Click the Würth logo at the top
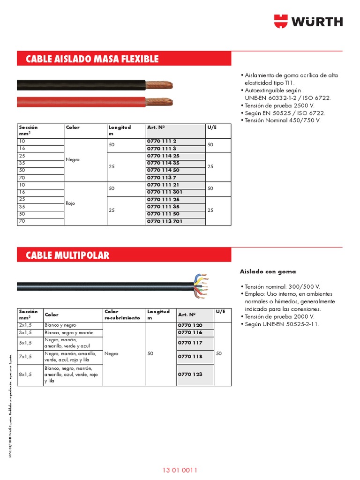coord(308,21)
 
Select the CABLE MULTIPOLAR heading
coord(67,255)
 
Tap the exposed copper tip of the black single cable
coord(159,85)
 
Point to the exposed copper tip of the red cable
coord(159,101)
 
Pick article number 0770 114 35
coord(163,163)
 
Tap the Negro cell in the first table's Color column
coord(73,159)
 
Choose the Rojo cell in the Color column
coord(71,203)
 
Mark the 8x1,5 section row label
coord(25,375)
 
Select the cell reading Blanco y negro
coord(60,325)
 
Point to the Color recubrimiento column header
coord(122,315)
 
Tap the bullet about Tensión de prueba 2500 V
coord(278,105)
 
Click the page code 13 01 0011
coord(180,470)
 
